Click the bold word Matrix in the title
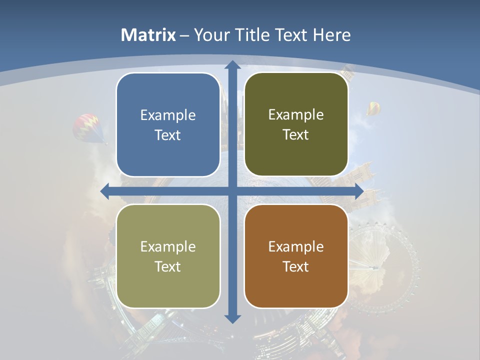[x=148, y=35]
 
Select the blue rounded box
[x=168, y=124]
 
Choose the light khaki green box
[x=168, y=256]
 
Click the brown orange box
[x=296, y=256]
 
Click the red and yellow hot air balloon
[x=88, y=127]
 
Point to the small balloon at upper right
[x=373, y=108]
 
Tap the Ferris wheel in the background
[x=382, y=265]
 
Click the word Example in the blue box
[x=168, y=115]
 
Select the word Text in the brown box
[x=296, y=266]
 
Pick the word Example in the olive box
[x=296, y=114]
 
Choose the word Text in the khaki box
[x=168, y=266]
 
